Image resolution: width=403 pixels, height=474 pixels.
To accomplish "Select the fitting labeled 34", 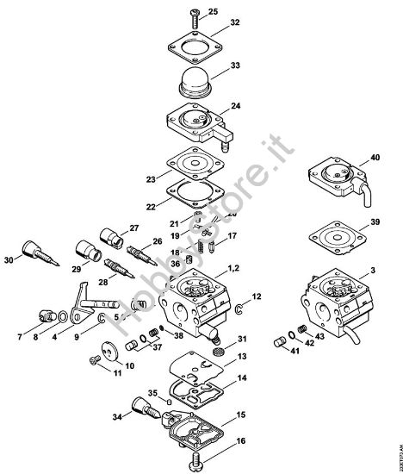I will pyautogui.click(x=141, y=405).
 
